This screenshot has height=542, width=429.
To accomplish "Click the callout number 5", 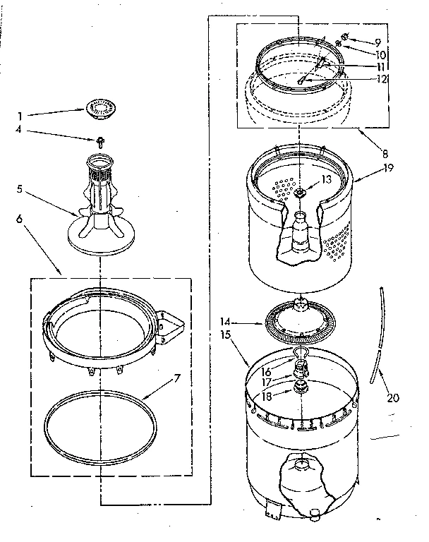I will coord(20,189).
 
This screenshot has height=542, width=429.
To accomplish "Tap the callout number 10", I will coord(381,54).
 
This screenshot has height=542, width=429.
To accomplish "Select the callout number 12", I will coord(381,79).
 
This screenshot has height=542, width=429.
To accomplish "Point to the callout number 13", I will coord(327,179).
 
